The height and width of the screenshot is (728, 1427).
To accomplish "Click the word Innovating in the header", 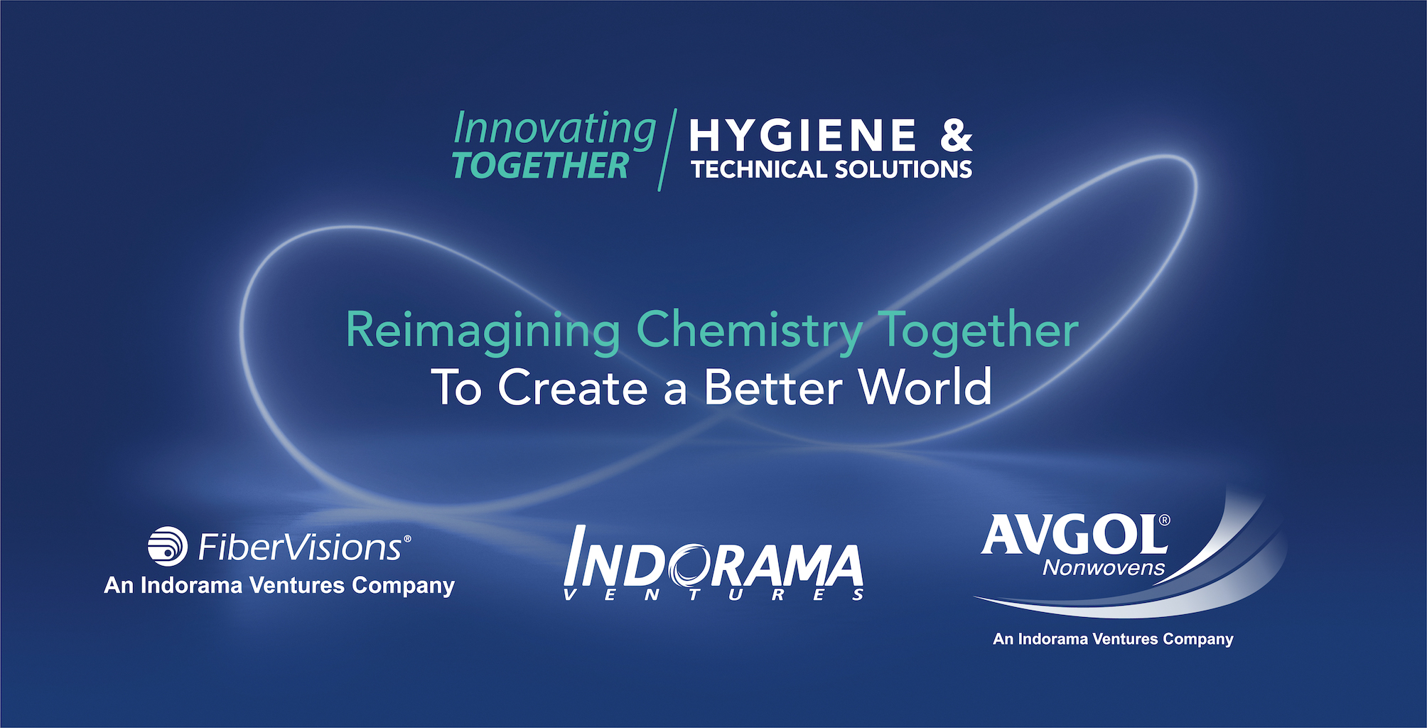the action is (x=554, y=130).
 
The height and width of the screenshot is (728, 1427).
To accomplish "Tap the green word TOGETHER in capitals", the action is (x=541, y=166).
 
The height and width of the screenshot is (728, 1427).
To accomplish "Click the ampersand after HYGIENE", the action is (x=956, y=135).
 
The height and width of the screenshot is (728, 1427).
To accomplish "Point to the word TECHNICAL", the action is (x=759, y=169).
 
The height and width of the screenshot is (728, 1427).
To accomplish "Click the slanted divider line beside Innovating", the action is (x=667, y=150).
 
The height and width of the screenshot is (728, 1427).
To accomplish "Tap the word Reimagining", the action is (x=483, y=331).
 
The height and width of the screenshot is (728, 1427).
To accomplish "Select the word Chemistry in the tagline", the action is (x=749, y=331).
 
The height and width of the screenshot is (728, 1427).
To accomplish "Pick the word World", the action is (x=925, y=387).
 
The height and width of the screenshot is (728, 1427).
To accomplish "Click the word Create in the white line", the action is (x=573, y=387).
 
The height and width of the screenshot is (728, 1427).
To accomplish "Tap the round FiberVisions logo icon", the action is (x=168, y=547).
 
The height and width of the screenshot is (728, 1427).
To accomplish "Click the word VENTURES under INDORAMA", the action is (x=713, y=595).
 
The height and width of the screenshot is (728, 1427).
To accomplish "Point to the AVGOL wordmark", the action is (x=1072, y=534).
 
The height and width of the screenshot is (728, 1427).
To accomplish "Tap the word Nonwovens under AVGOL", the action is (x=1104, y=568).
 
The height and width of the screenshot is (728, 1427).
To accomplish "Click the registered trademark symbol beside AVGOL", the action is (x=1164, y=520).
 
